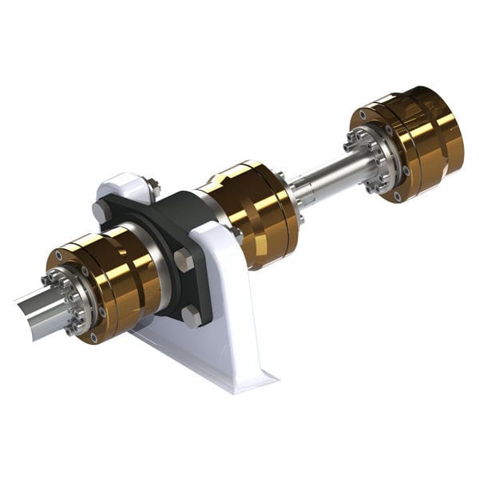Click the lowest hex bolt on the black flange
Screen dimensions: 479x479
(192, 315)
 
